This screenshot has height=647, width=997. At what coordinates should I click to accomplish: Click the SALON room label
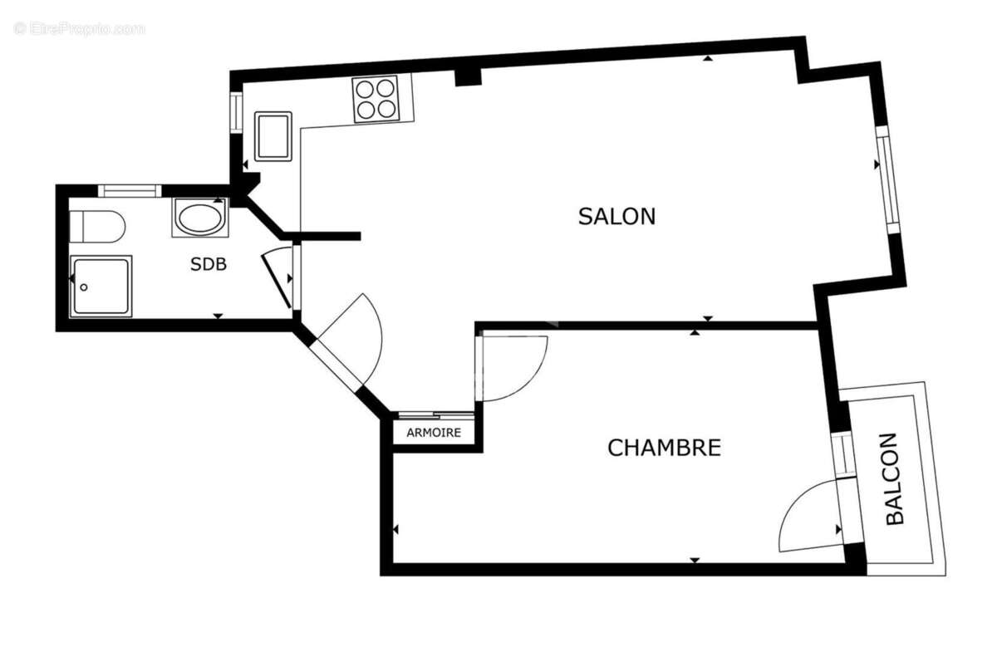pos(616,216)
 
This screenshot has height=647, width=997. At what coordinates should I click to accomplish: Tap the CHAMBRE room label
pos(664,448)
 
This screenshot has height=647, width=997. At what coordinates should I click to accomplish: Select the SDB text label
pos(209,265)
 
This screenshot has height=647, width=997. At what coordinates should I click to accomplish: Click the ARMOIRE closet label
pos(434,433)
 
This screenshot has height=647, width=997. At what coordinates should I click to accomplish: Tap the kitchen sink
pos(273,136)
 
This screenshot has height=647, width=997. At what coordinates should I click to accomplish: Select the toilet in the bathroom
pos(97,226)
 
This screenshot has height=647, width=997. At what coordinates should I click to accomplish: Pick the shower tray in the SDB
pos(101,286)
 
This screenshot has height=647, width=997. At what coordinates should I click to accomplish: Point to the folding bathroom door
pos(277,279)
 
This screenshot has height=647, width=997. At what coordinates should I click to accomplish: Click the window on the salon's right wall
pos(886,180)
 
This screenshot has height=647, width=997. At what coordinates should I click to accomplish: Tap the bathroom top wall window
pos(130,190)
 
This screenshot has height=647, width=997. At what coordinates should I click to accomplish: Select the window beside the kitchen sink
pos(236,112)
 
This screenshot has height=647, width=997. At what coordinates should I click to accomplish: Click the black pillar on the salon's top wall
pos(469,76)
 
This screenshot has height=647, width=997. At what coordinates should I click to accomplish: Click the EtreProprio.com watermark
pos(79,28)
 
